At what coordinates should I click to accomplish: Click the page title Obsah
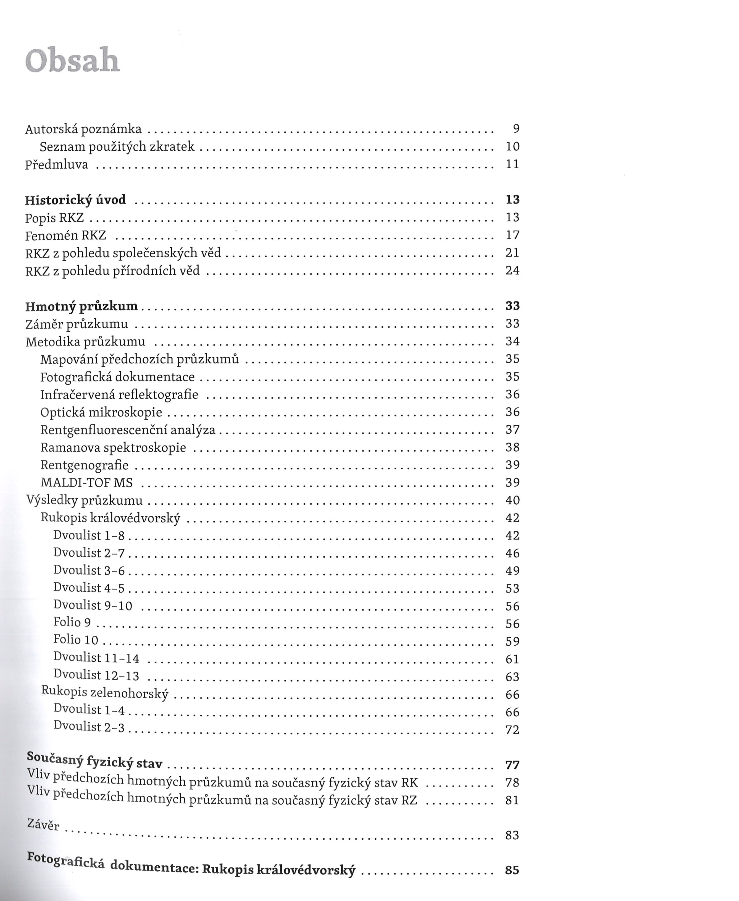(72, 61)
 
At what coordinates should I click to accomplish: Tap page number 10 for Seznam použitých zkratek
(512, 146)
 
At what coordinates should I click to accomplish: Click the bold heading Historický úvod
(75, 200)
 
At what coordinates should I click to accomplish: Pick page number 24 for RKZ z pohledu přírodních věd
(512, 270)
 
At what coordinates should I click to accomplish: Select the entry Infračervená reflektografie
(119, 395)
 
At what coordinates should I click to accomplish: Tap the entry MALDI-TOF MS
(86, 483)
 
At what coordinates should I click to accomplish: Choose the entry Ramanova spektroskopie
(113, 447)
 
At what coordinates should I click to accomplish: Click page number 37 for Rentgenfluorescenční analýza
(512, 430)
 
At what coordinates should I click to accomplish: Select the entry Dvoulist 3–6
(89, 570)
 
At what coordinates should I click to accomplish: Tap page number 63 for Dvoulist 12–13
(512, 677)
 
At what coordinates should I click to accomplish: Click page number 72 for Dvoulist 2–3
(512, 730)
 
